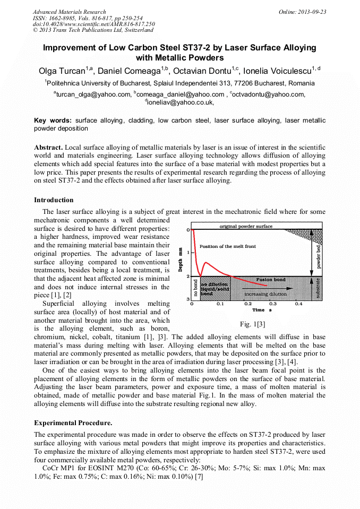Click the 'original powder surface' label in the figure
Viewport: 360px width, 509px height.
[246, 226]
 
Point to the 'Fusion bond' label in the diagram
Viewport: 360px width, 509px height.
[270, 279]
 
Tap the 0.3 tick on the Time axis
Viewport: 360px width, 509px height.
[273, 304]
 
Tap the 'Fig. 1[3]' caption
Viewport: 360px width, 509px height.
[252, 324]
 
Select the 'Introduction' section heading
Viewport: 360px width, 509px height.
[54, 200]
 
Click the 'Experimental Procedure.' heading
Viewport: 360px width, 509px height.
[73, 423]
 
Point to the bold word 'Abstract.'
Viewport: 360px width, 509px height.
[49, 146]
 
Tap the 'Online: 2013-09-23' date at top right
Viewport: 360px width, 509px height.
[302, 12]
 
